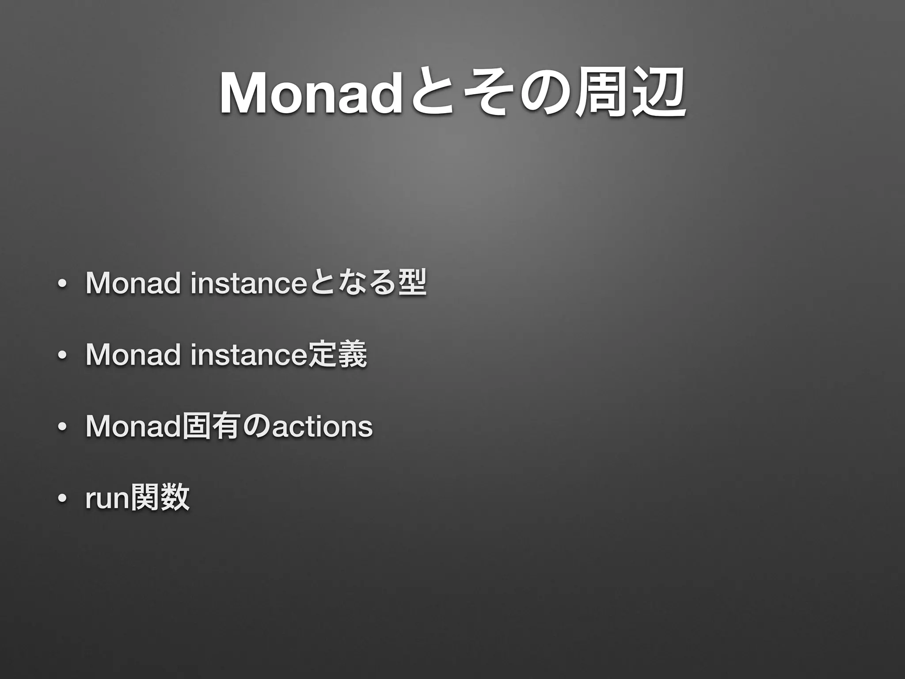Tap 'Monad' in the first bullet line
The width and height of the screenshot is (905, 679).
pyautogui.click(x=133, y=283)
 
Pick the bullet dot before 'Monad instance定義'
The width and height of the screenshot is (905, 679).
pyautogui.click(x=61, y=356)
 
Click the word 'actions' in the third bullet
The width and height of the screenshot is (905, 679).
pyautogui.click(x=322, y=427)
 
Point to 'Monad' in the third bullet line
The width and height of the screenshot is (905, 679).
pyautogui.click(x=133, y=427)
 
